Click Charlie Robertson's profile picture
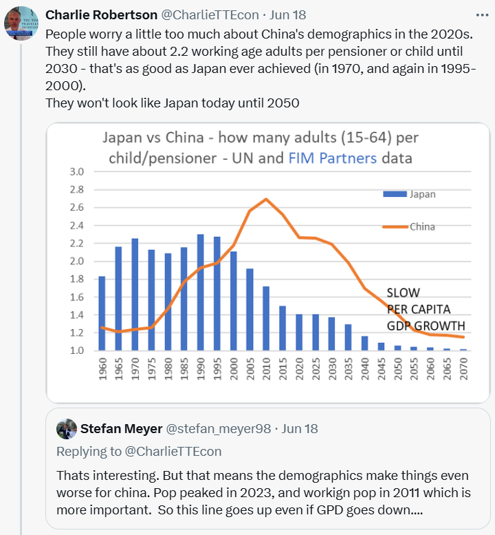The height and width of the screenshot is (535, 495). tap(21, 23)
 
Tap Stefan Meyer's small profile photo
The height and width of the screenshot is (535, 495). tap(67, 428)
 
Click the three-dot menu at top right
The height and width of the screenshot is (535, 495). tap(482, 14)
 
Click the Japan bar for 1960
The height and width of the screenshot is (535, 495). tap(102, 313)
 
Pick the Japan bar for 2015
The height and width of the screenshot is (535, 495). tap(281, 328)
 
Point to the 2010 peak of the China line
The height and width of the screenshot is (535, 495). tap(265, 199)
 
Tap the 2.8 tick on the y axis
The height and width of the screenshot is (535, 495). tap(76, 189)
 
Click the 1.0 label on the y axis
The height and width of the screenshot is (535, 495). tap(76, 350)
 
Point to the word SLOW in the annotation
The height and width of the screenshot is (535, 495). tap(404, 293)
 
